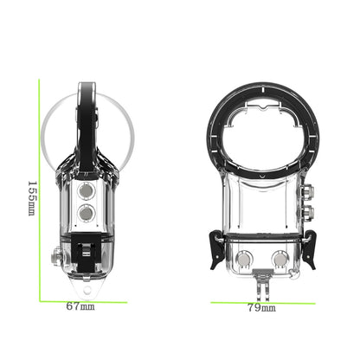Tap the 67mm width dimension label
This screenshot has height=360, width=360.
pyautogui.click(x=80, y=306)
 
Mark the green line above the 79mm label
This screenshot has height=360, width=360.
pyautogui.click(x=260, y=299)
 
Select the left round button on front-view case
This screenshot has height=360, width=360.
pyautogui.click(x=244, y=257)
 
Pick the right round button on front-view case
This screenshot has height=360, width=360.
pyautogui.click(x=280, y=257)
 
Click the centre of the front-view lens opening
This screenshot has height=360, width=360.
pyautogui.click(x=261, y=138)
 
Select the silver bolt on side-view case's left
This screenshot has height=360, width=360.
pyautogui.click(x=56, y=257)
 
